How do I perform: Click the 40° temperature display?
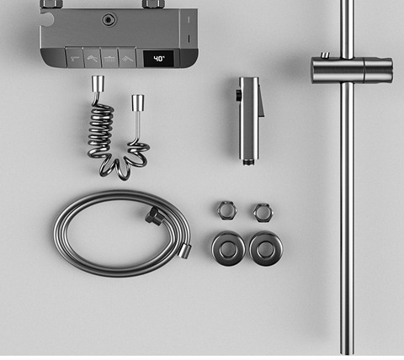[x=158, y=59]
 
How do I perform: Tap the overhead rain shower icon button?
[x=109, y=58]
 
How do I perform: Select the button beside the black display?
[x=127, y=58]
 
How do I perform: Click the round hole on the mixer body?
[x=109, y=19]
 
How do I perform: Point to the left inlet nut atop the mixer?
[x=51, y=4]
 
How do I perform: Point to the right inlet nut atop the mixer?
[x=153, y=4]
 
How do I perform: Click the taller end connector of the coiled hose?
[x=98, y=82]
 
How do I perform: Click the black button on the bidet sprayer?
[x=238, y=95]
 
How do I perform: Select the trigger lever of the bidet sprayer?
[x=260, y=101]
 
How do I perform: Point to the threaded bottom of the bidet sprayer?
[x=248, y=161]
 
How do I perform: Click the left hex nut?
[x=227, y=210]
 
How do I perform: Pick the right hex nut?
[x=263, y=213]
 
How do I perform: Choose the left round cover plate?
[x=228, y=248]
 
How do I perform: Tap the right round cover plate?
[x=266, y=248]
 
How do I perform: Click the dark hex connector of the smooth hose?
[x=153, y=215]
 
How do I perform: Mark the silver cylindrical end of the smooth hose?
[x=185, y=251]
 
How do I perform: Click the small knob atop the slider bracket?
[x=325, y=55]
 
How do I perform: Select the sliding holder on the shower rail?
[x=352, y=71]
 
